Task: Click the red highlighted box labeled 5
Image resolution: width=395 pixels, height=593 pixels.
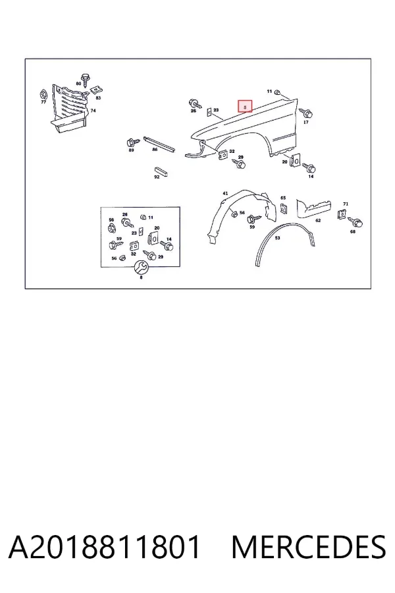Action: click(245, 107)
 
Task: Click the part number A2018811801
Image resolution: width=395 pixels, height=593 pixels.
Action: click(104, 547)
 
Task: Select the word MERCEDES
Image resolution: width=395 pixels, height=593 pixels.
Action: click(309, 547)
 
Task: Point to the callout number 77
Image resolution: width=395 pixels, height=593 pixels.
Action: click(43, 103)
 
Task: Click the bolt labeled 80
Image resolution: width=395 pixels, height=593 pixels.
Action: click(86, 79)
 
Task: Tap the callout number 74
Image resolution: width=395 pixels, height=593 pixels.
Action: click(93, 111)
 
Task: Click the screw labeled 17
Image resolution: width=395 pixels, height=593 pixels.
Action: click(305, 113)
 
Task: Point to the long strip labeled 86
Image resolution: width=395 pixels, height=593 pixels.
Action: click(159, 144)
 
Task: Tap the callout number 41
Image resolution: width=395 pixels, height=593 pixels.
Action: click(225, 194)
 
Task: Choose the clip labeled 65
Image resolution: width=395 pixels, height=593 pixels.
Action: click(283, 208)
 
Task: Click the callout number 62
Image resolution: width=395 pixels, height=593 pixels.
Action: click(318, 220)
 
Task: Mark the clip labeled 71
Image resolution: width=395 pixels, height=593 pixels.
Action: click(343, 214)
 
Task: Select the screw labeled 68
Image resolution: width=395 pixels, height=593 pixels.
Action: click(355, 222)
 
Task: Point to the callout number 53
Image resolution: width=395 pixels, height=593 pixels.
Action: click(277, 239)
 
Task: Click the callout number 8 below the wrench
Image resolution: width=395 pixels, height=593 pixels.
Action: click(142, 277)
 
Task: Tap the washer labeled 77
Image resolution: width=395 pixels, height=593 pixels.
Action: click(43, 94)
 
